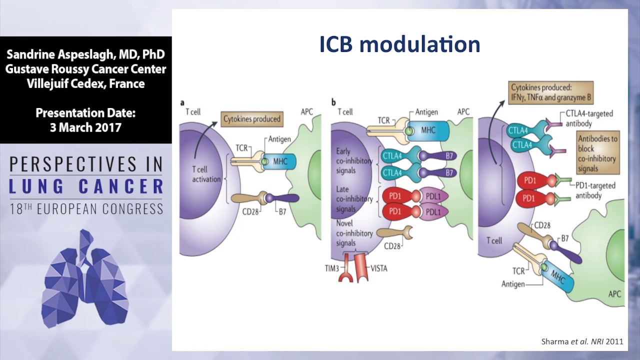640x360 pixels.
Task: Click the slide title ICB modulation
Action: [399, 44]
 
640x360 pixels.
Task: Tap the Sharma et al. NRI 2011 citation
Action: [582, 342]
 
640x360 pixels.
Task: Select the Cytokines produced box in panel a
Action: [251, 119]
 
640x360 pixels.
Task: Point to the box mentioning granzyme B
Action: [550, 93]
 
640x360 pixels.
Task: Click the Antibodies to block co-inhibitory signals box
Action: [598, 153]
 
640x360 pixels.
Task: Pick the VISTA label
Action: [378, 268]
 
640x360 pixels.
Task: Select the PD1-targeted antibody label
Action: [594, 190]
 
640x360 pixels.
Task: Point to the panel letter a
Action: [182, 102]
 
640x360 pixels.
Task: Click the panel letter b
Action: [333, 102]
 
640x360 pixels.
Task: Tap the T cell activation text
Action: [206, 174]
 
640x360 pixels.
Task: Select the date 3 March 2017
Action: [85, 127]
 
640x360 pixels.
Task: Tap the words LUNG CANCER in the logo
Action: [86, 186]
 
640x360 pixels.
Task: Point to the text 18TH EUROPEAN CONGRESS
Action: [86, 208]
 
